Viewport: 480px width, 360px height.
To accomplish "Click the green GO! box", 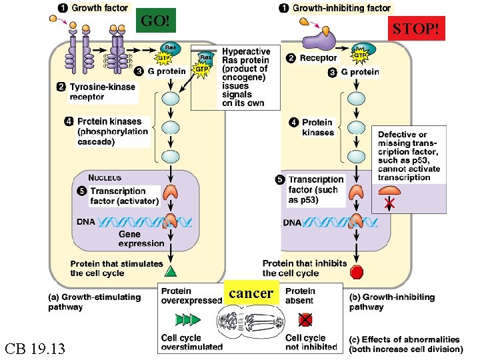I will point(155,21).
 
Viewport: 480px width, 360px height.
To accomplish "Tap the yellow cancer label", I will point(251,293).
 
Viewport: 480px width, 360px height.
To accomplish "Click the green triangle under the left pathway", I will point(171,271).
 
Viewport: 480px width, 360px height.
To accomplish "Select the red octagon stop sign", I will point(357,272).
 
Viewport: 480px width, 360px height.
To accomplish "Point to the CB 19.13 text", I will point(35,348).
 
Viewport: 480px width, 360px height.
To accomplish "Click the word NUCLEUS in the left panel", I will point(105,177).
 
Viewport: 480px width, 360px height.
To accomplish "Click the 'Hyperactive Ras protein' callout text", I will point(245,77).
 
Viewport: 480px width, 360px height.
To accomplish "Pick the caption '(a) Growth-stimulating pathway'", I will point(93,302).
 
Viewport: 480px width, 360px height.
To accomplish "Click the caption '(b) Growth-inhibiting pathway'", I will point(391,302).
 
